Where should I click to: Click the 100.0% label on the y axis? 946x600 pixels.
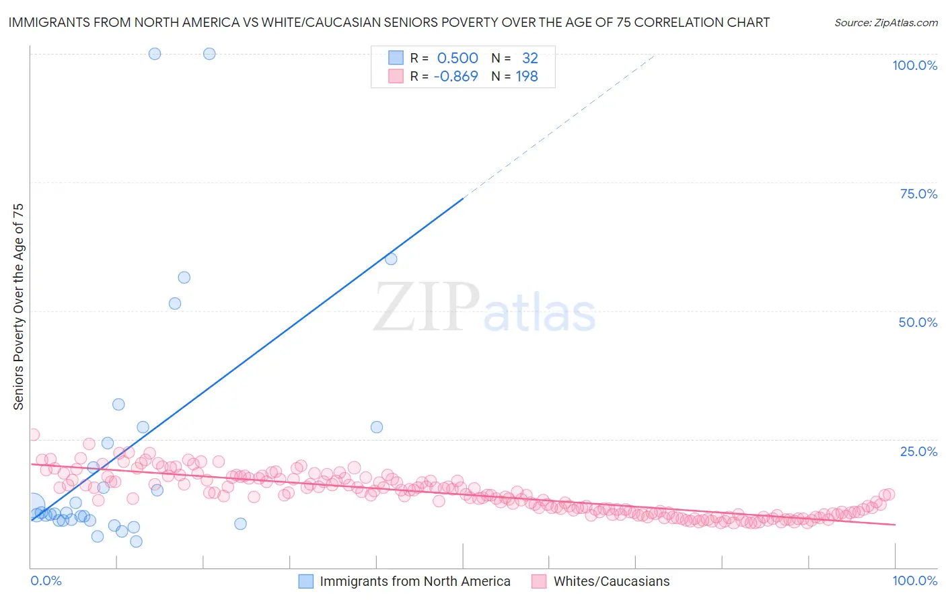pos(914,65)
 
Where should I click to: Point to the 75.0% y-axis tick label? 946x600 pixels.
pos(918,194)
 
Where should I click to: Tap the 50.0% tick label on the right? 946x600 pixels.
pos(918,322)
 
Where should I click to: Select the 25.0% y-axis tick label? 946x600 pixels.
pos(918,451)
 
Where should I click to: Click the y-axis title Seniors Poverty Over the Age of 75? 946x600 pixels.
pos(18,306)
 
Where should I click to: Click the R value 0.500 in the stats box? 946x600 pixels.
pos(458,59)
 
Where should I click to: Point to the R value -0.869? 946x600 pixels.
pos(456,77)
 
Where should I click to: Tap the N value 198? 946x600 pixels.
pos(527,77)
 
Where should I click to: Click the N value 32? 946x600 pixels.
pos(530,59)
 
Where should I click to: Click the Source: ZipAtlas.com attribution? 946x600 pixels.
pos(885,23)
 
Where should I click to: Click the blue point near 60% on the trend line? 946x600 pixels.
pos(391,259)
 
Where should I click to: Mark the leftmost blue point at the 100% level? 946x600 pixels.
pos(155,54)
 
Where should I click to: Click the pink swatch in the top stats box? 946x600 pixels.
pos(396,77)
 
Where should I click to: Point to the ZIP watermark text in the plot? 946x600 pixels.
pos(427,308)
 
